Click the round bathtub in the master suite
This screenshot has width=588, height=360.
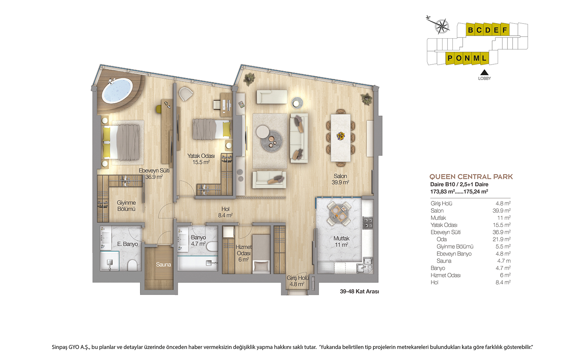point(117,90)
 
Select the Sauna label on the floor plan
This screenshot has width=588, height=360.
point(163,264)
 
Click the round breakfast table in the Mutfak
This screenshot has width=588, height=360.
point(339,213)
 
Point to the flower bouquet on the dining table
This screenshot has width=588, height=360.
point(341,136)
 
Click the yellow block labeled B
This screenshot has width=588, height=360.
point(470,30)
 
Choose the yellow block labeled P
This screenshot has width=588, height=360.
point(450,58)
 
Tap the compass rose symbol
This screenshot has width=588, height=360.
point(442,26)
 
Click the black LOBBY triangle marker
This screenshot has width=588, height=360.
point(484,72)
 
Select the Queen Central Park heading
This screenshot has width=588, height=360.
point(471,177)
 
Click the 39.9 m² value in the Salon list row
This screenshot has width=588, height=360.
point(502,211)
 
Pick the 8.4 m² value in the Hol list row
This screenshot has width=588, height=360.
point(503,282)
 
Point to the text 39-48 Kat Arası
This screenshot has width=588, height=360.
point(359,292)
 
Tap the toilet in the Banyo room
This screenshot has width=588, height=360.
point(212,246)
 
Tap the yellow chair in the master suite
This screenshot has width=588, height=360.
point(158,109)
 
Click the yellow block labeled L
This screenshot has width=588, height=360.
point(485,58)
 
